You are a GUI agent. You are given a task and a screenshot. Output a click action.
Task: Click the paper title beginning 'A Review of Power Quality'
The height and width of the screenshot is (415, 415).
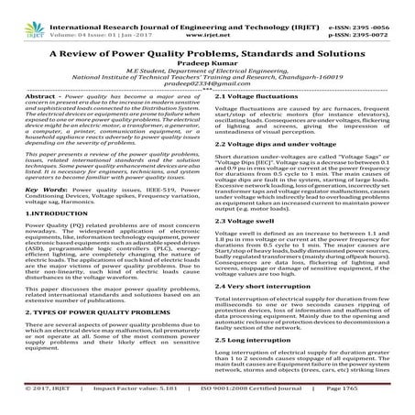point(207,53)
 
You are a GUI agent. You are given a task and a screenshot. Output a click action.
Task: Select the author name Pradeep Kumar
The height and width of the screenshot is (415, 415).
point(207,66)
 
